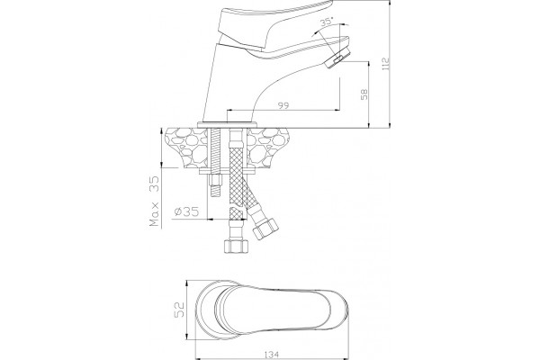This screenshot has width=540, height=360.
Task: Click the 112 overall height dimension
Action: [x=386, y=64]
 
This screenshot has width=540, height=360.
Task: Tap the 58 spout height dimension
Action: [x=364, y=94]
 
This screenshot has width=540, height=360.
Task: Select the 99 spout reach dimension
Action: [x=283, y=105]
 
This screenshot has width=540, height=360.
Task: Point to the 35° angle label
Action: [x=327, y=22]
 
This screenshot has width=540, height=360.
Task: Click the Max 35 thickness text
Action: [x=155, y=202]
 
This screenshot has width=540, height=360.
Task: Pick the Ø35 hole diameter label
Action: [x=186, y=211]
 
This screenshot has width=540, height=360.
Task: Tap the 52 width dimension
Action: [x=179, y=310]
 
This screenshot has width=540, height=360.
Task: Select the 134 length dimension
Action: [x=272, y=354]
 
